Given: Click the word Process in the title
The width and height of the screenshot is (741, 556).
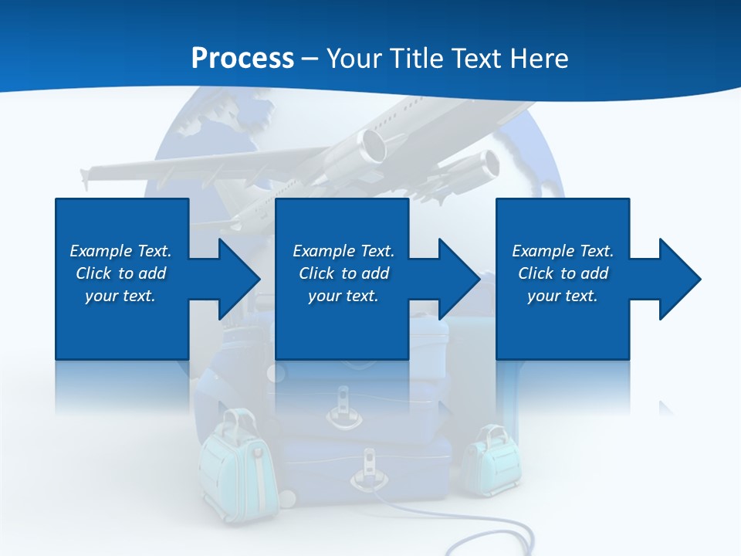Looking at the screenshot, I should click(242, 59).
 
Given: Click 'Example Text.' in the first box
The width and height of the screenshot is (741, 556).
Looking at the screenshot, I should click(120, 251).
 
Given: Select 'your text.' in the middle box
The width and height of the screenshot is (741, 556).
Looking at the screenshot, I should click(343, 296).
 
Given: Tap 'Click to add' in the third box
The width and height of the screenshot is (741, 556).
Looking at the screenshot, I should click(563, 273).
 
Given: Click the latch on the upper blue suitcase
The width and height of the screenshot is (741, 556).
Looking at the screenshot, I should click(341, 410).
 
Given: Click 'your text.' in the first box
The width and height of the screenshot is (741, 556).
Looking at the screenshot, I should click(120, 296).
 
